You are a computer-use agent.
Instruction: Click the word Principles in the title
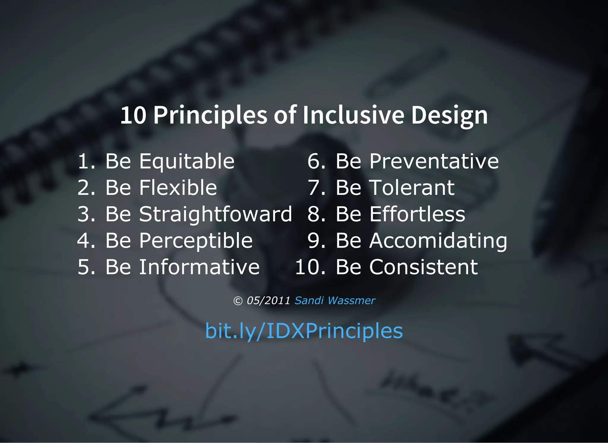click(210, 115)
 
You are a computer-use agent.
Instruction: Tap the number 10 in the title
click(133, 115)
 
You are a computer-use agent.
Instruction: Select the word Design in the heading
click(449, 116)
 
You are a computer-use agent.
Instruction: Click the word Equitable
click(187, 162)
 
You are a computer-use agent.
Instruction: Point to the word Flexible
click(178, 188)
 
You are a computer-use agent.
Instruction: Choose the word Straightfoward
click(216, 214)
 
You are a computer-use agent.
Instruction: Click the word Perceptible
click(196, 241)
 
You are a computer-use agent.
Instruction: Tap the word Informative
click(199, 267)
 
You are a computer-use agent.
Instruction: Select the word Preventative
click(434, 162)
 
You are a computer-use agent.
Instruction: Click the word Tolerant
click(412, 188)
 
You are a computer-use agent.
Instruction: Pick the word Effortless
click(417, 214)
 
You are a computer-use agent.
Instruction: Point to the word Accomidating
click(438, 241)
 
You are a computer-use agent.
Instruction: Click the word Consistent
click(423, 267)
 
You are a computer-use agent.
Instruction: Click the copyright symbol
click(238, 301)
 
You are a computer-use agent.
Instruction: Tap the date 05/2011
click(268, 300)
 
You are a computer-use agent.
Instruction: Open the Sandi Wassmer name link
click(335, 300)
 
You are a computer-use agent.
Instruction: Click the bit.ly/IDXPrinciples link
click(304, 331)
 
